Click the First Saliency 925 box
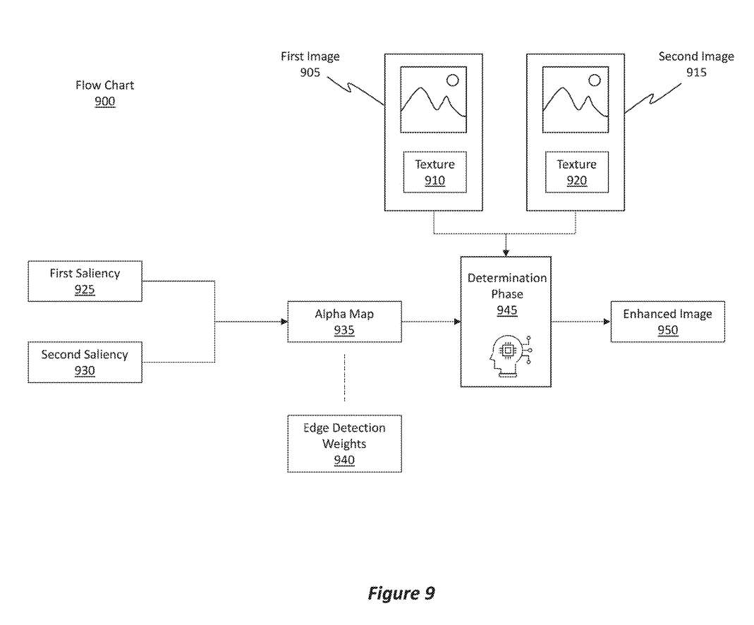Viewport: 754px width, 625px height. pos(85,281)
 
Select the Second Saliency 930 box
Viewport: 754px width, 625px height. pos(85,362)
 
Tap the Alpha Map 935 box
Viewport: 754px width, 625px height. pos(344,322)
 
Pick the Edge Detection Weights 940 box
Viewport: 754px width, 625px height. pos(344,443)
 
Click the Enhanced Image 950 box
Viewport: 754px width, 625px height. pos(667,322)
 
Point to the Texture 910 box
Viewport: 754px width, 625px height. pos(434,171)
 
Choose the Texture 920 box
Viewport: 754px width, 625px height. pos(576,171)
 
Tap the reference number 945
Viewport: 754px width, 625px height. pos(506,311)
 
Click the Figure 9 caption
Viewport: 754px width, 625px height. pos(401,593)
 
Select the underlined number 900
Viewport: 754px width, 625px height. pos(104,102)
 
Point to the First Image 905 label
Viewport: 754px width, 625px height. pos(310,64)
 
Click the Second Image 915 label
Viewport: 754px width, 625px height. pos(695,64)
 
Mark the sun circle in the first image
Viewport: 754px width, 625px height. pos(452,80)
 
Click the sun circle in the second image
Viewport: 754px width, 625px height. pos(595,80)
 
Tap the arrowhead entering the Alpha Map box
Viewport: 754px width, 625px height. pos(284,322)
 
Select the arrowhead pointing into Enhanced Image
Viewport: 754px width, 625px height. pos(607,322)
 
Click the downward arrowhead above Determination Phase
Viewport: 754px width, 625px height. pos(506,253)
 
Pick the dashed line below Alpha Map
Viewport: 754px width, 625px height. pos(344,379)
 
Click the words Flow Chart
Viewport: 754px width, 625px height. pos(104,85)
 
